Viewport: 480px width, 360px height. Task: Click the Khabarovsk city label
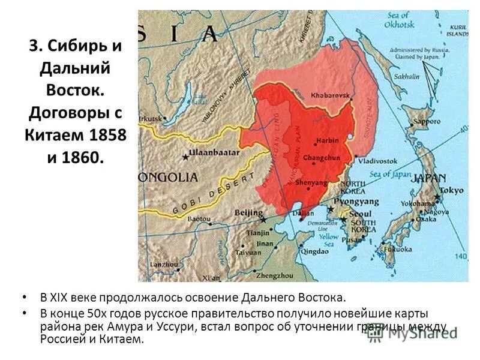pos(332,95)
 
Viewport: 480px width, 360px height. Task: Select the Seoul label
pos(361,214)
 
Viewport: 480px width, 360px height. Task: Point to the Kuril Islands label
pos(454,31)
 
